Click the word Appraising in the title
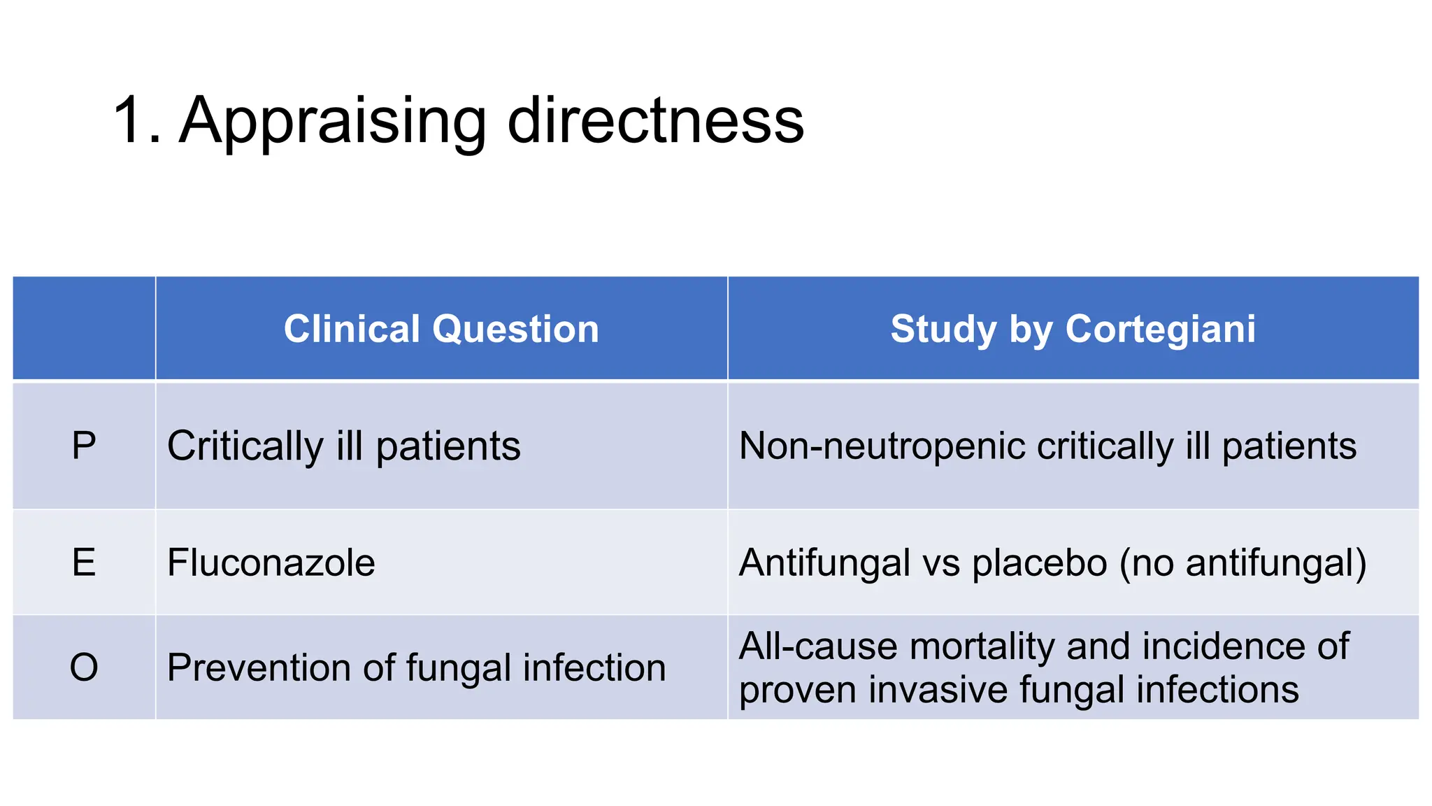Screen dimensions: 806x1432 pos(332,122)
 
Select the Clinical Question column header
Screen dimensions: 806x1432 pos(441,329)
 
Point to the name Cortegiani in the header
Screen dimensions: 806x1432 pos(1160,329)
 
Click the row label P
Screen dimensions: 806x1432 pos(84,446)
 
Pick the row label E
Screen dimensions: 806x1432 pos(84,563)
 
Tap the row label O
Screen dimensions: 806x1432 pos(84,667)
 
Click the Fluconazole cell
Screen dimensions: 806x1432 pos(271,563)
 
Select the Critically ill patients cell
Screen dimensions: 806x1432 pos(344,446)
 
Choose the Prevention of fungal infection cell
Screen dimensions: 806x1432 pos(416,667)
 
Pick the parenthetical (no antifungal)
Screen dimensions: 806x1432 pos(1243,563)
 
